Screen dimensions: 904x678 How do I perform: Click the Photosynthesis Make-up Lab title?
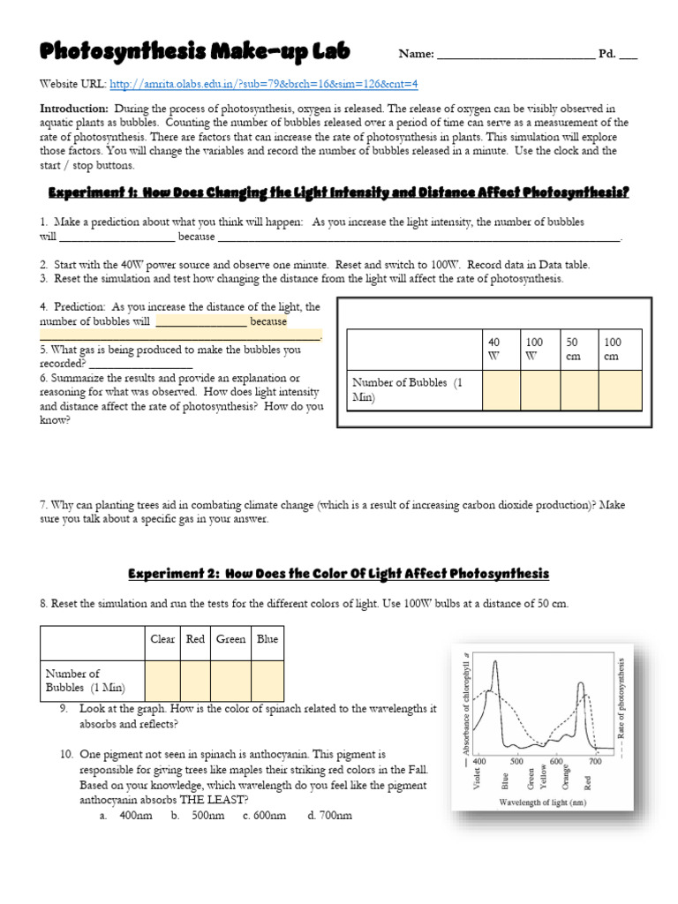pyautogui.click(x=194, y=53)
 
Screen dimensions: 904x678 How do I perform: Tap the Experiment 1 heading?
pyautogui.click(x=338, y=192)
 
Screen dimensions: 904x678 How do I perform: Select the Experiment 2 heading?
pyautogui.click(x=338, y=574)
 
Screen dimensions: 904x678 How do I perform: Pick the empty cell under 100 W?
pyautogui.click(x=539, y=389)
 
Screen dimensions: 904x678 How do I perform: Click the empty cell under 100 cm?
pyautogui.click(x=621, y=389)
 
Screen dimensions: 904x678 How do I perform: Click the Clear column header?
pyautogui.click(x=162, y=640)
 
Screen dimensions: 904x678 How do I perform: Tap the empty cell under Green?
pyautogui.click(x=230, y=681)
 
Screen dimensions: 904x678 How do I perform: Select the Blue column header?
pyautogui.click(x=267, y=640)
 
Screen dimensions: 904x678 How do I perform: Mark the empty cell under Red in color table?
pyautogui.click(x=195, y=681)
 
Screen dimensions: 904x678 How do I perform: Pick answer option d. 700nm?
pyautogui.click(x=329, y=815)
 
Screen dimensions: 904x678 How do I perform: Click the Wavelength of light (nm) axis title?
pyautogui.click(x=541, y=802)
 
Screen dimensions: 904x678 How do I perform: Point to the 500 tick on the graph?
pyautogui.click(x=516, y=761)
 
